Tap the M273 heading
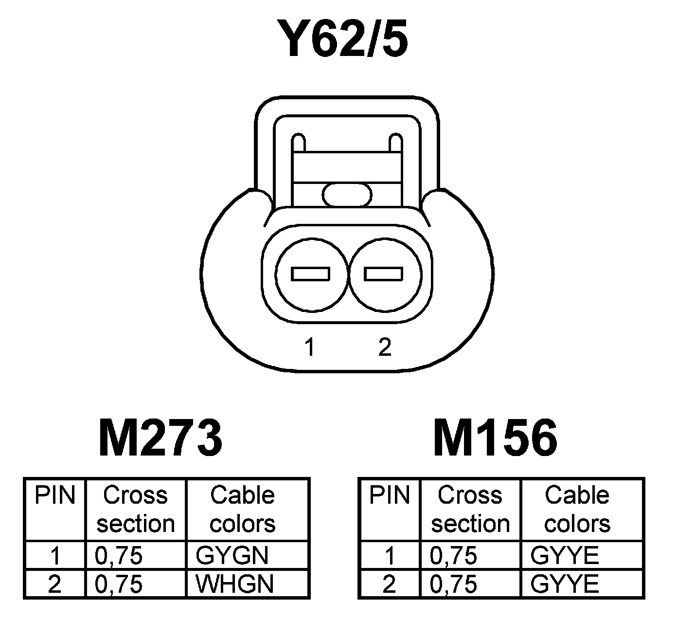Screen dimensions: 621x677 pyautogui.click(x=161, y=438)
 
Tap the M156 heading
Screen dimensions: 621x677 pyautogui.click(x=495, y=438)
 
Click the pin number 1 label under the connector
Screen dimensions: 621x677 pyautogui.click(x=309, y=347)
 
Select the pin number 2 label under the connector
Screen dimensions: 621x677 pyautogui.click(x=384, y=347)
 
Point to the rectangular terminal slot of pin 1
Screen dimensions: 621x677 pyautogui.click(x=310, y=274)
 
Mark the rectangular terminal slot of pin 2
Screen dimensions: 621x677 pyautogui.click(x=384, y=274)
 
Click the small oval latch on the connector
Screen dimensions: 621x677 pyautogui.click(x=347, y=195)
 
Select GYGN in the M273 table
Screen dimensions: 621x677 pyautogui.click(x=232, y=555)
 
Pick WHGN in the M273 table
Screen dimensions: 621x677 pyautogui.click(x=234, y=584)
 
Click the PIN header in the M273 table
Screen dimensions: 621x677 pyautogui.click(x=55, y=496)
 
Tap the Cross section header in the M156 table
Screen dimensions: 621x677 pyautogui.click(x=470, y=510)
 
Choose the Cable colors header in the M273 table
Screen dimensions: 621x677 pyautogui.click(x=243, y=510)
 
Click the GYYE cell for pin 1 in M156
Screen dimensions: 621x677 pyautogui.click(x=565, y=555)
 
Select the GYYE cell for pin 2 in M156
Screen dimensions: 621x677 pyautogui.click(x=565, y=584)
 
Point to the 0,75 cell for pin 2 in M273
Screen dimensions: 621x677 pyautogui.click(x=119, y=584)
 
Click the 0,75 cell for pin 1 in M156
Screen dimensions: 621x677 pyautogui.click(x=453, y=555)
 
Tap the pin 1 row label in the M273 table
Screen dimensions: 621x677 pyautogui.click(x=55, y=555)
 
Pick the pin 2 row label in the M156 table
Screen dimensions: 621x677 pyautogui.click(x=389, y=584)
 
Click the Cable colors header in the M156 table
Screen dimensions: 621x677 pyautogui.click(x=577, y=510)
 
